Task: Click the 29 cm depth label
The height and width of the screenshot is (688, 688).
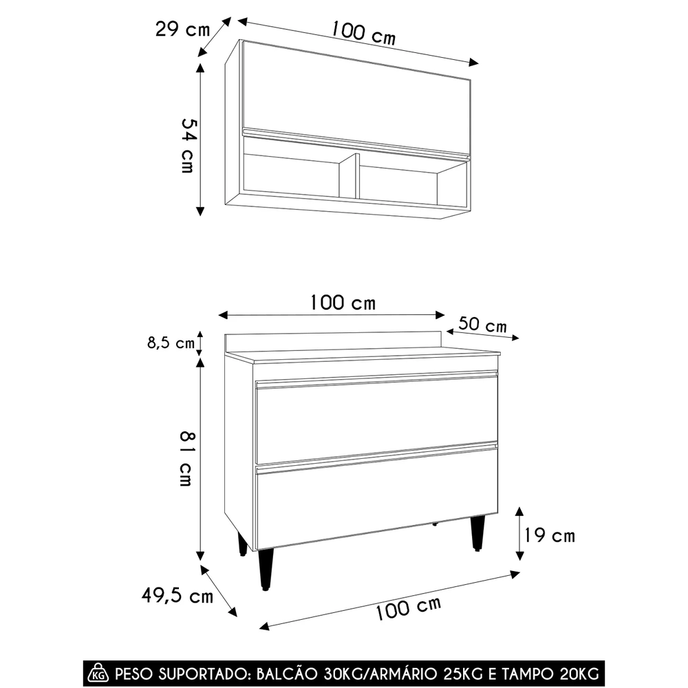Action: point(182,30)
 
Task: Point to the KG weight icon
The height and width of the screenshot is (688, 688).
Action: point(100,671)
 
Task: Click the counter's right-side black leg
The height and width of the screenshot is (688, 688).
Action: point(477,533)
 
